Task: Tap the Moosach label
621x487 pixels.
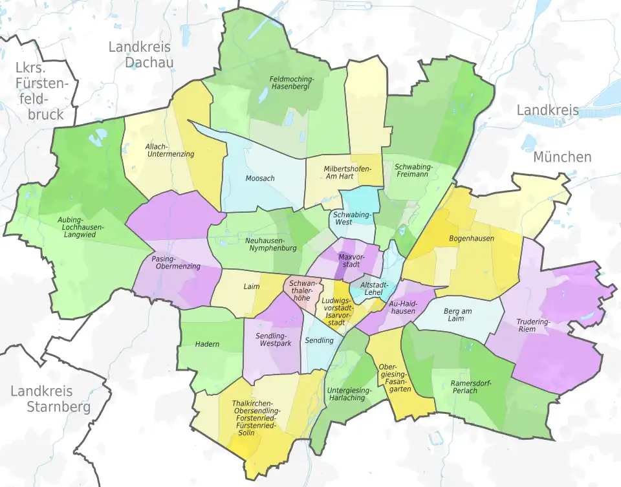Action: pos(260,178)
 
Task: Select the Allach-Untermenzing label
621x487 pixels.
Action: pos(169,150)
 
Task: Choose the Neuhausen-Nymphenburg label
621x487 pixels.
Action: pos(271,244)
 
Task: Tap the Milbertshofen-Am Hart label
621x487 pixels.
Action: pos(348,173)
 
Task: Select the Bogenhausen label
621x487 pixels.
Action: pos(472,239)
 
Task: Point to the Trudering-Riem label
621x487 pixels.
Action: pos(534,325)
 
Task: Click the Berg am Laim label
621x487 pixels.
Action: pos(458,316)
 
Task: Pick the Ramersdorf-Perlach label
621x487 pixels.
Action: pos(472,387)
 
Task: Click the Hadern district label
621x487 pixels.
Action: pos(207,344)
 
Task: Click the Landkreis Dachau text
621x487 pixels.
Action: pos(140,54)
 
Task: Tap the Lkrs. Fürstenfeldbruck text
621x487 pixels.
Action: pos(40,91)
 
